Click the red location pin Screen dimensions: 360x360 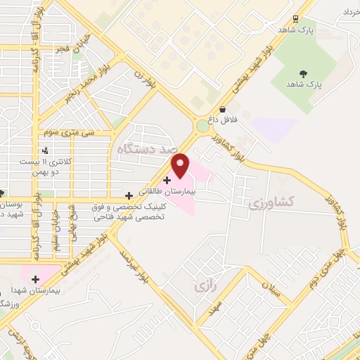[x=181, y=165]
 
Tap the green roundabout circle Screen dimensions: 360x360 [x=203, y=126]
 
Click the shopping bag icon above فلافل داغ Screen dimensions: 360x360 [x=223, y=110]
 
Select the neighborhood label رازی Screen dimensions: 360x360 [x=202, y=286]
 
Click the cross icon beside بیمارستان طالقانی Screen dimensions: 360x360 [x=167, y=180]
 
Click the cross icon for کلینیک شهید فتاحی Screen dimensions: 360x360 [x=128, y=195]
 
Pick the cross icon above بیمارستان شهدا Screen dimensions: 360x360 [x=35, y=279]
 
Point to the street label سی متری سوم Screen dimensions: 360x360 [x=69, y=131]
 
